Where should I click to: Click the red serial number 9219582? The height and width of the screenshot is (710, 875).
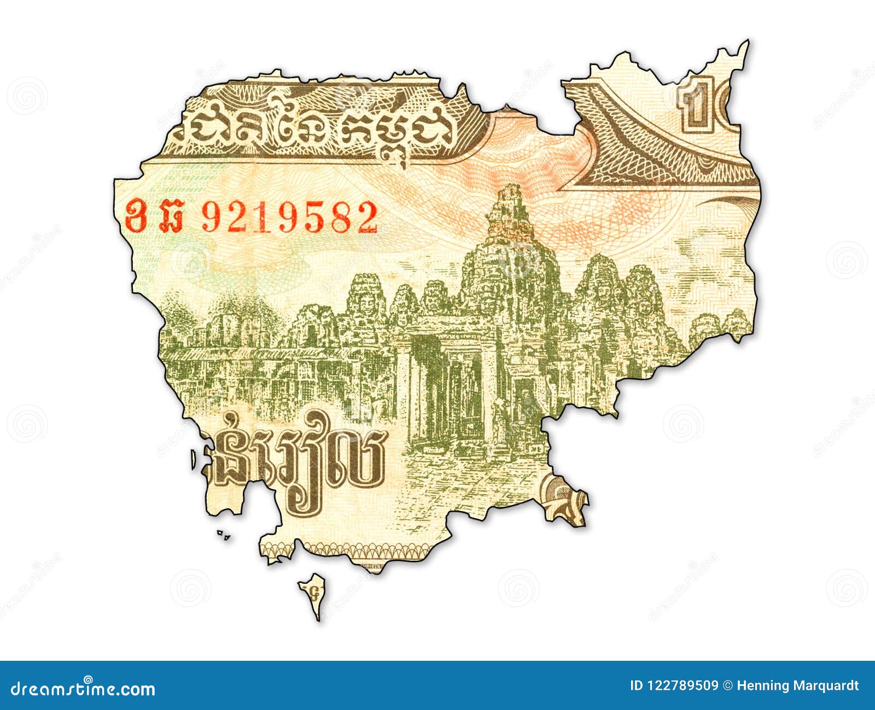289,217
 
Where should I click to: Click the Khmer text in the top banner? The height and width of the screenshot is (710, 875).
312,131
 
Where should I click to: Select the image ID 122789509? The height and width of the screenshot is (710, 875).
674,685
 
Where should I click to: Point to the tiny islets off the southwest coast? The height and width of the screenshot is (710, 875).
223,534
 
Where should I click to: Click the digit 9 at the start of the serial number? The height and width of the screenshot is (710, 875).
209,217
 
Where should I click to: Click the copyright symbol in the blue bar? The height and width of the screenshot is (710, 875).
727,685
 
